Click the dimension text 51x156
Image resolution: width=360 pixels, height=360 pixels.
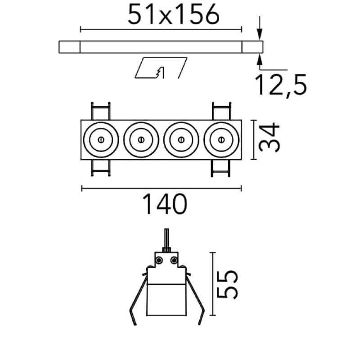tap(174, 14)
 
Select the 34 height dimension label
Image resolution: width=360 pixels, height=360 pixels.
tap(269, 137)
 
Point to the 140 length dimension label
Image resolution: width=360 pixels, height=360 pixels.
tap(165, 204)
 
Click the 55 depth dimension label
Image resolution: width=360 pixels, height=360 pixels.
tap(227, 284)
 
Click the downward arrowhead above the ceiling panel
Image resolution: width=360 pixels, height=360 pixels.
tap(260, 35)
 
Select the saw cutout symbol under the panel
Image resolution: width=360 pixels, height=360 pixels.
tap(161, 68)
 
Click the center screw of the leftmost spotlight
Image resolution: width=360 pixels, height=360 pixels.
tap(101, 139)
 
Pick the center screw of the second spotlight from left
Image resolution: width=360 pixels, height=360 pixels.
tap(141, 139)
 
